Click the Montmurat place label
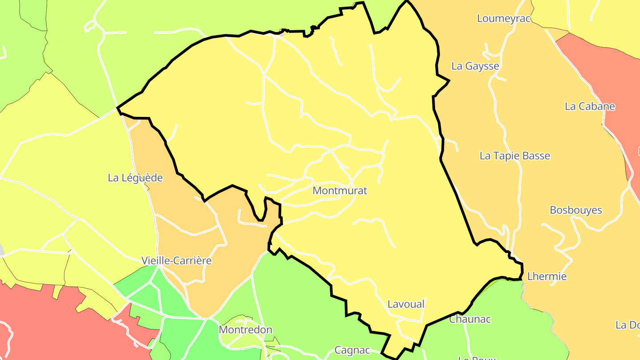coord(340,191)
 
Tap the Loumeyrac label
coord(504,18)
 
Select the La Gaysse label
coord(475,66)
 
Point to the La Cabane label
coord(590,106)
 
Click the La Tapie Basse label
coord(515,156)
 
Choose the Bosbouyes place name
coord(576,210)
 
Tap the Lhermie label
coord(547,276)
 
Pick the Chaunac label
coord(470,319)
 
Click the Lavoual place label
coord(406,304)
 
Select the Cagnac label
coord(352,350)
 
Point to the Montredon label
coord(245,330)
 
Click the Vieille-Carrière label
coord(176,260)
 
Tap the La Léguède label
coord(135,178)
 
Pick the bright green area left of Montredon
coord(178,338)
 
